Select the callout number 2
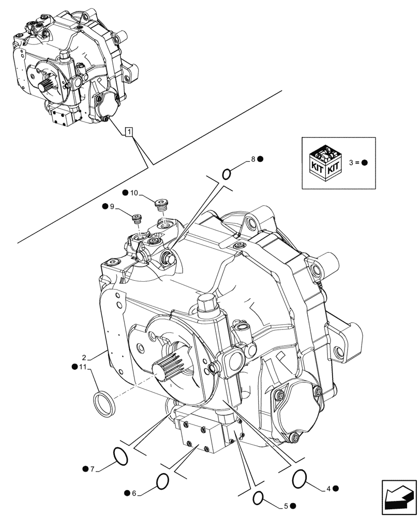(83, 357)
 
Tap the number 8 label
(253, 160)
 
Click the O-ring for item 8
(226, 174)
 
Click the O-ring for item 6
(162, 481)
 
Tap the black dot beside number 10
(125, 193)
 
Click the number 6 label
(133, 494)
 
